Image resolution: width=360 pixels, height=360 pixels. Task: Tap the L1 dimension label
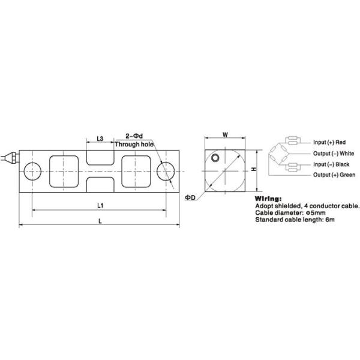point(101,205)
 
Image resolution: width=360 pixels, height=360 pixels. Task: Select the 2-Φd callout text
point(133,136)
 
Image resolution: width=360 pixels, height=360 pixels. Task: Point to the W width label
point(225,135)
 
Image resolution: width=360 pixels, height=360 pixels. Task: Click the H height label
point(254,170)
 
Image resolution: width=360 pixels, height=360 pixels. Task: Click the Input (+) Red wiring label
point(329,142)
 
